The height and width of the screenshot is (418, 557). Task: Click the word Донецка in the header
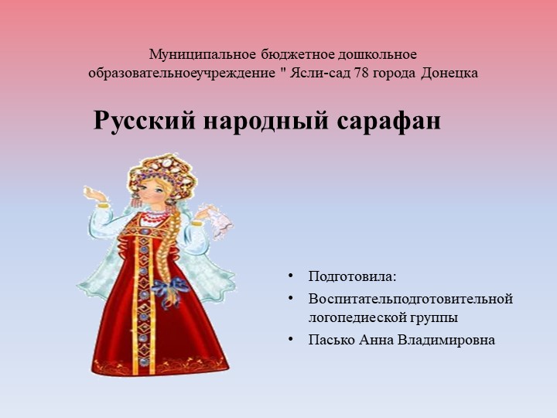point(450,74)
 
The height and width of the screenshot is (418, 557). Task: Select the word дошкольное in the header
point(380,55)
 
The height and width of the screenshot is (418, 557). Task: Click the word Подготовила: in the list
point(352,276)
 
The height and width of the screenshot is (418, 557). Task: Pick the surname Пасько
point(332,339)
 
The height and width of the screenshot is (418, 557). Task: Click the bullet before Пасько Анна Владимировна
point(290,339)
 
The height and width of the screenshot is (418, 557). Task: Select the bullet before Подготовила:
point(290,276)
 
